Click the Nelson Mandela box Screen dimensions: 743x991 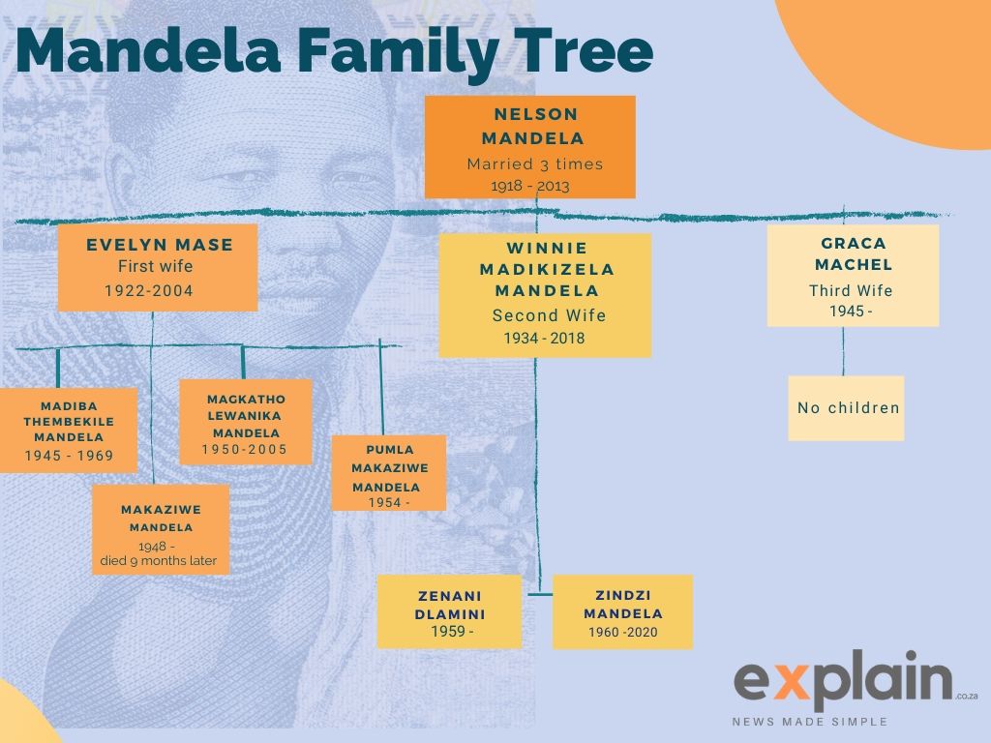[x=529, y=145]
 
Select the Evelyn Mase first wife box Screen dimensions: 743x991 [x=158, y=267]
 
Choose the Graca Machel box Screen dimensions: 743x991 [x=853, y=275]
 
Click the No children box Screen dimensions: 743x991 [x=846, y=408]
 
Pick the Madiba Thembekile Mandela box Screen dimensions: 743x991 [x=68, y=430]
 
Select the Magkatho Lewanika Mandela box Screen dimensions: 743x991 [x=246, y=422]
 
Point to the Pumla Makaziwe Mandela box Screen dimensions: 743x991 [x=388, y=473]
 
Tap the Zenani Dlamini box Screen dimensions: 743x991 [x=449, y=611]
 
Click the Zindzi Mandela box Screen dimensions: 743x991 [x=622, y=611]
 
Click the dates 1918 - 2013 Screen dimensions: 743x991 [x=529, y=186]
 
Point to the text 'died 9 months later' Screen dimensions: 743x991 [x=159, y=561]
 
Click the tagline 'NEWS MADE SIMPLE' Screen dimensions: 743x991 [x=810, y=722]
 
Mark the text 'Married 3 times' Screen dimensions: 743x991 [x=534, y=164]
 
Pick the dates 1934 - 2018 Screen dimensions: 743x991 [x=544, y=338]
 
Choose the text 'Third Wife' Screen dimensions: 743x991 [x=851, y=290]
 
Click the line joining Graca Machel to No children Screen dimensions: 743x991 [x=843, y=351]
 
